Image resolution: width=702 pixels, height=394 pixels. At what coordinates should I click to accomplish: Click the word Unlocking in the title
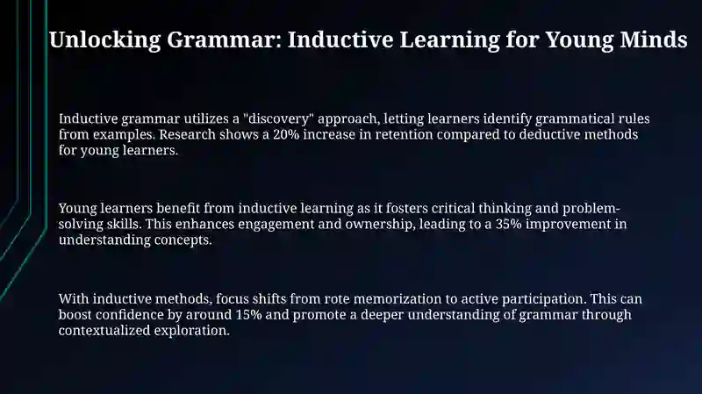(x=104, y=39)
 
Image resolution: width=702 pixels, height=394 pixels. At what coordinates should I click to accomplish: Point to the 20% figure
(x=286, y=134)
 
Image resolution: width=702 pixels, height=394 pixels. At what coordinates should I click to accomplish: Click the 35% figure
(x=509, y=224)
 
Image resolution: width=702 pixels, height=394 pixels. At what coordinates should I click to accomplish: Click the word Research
(x=188, y=134)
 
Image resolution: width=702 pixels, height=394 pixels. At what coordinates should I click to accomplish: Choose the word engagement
(x=276, y=225)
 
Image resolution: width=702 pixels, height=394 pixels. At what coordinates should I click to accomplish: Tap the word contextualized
(x=104, y=331)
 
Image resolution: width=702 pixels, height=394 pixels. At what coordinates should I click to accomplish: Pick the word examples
(x=124, y=135)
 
